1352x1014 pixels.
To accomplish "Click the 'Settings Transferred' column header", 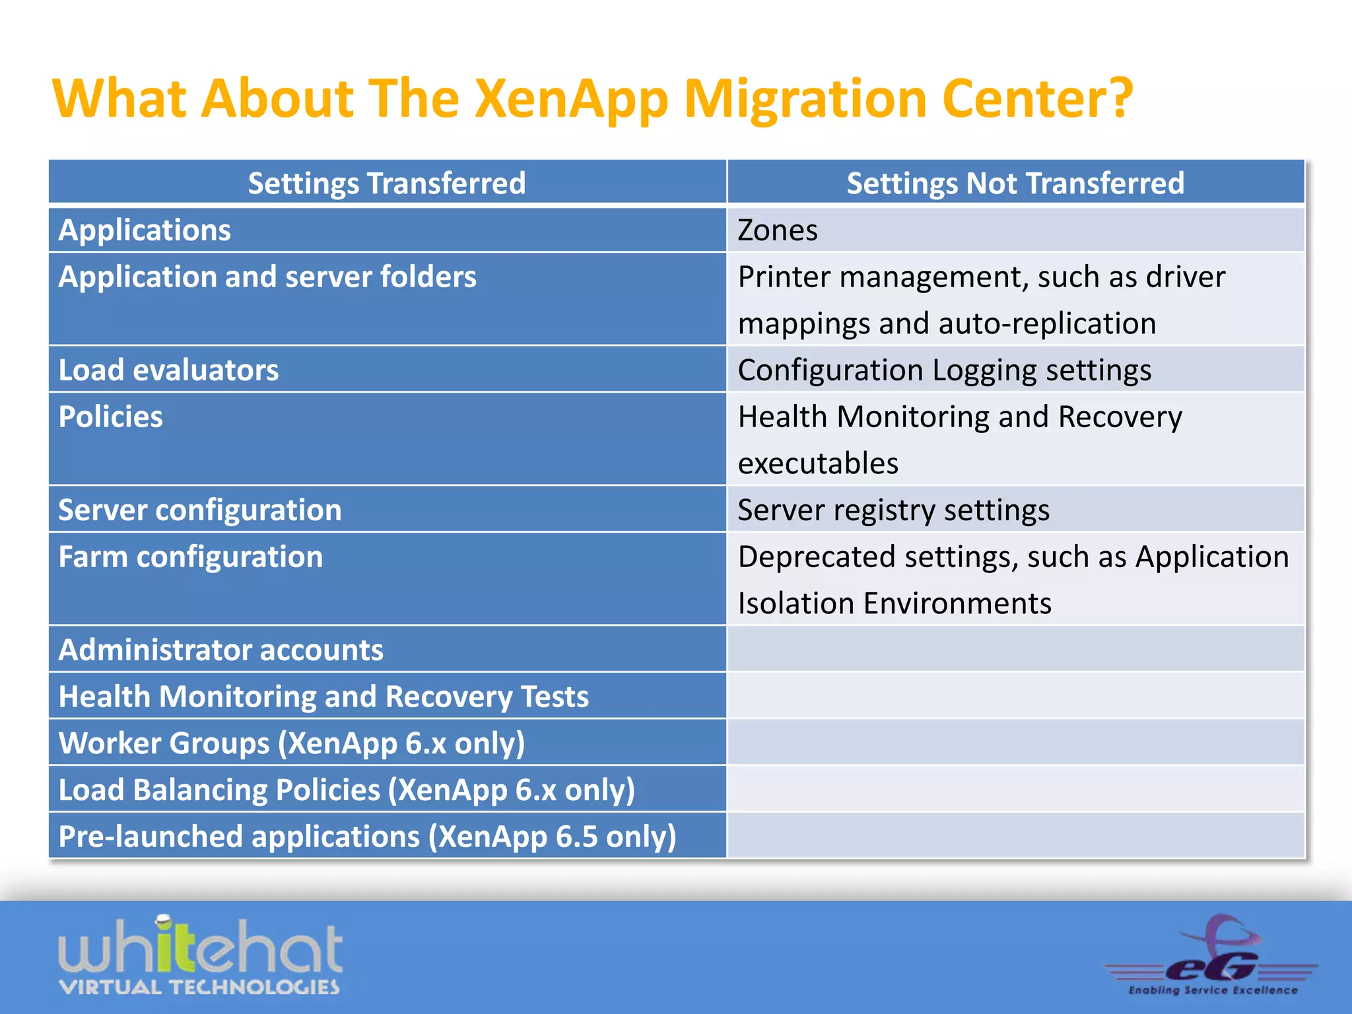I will tap(387, 183).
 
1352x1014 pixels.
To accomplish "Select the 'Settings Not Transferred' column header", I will tap(1015, 183).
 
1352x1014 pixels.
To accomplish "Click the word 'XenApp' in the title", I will tap(572, 99).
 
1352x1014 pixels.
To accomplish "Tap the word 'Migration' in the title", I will tap(805, 99).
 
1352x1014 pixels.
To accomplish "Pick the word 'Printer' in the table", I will tap(784, 277).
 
